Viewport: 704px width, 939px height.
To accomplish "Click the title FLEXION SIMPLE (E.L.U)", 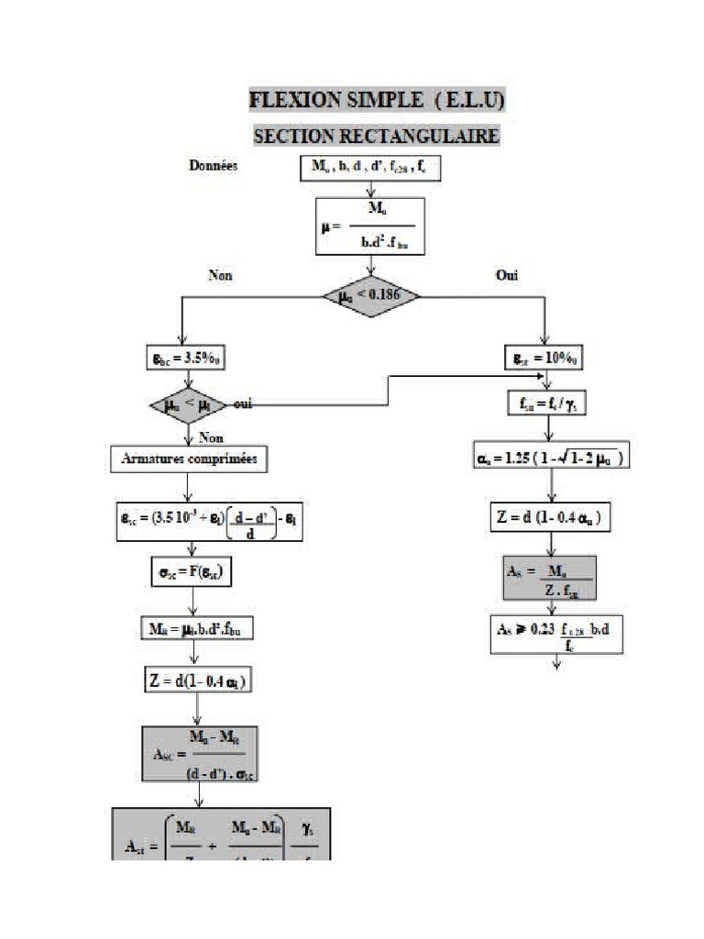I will (x=377, y=100).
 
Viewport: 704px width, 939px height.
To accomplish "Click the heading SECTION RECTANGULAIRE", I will (x=376, y=136).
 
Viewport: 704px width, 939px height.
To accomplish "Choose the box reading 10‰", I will (x=546, y=357).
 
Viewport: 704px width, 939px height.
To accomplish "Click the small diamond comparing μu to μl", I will (x=187, y=404).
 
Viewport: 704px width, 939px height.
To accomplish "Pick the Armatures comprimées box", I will (x=189, y=458).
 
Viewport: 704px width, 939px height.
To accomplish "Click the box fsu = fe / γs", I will (x=546, y=403).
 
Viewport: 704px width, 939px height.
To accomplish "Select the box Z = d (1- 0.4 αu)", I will (x=547, y=518).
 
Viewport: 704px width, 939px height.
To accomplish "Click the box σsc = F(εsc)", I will (x=191, y=574).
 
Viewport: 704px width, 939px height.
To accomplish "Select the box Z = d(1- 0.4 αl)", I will (x=193, y=680).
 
